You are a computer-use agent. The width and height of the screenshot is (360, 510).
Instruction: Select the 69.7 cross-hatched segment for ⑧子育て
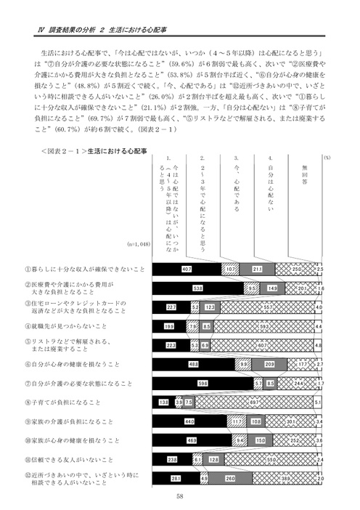coord(258,401)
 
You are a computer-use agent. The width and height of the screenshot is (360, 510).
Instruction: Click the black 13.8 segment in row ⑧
coord(163,401)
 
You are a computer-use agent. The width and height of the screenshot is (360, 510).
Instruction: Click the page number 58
coord(179,497)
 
